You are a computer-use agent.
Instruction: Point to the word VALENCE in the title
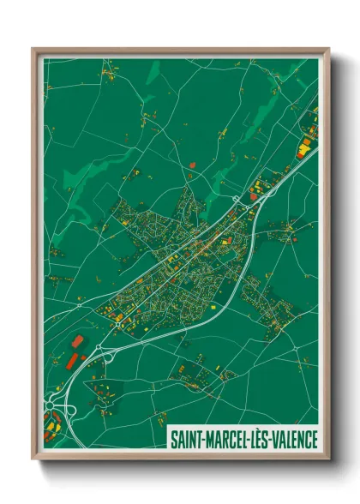coord(293,439)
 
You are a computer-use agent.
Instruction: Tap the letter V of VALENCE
coord(273,439)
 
